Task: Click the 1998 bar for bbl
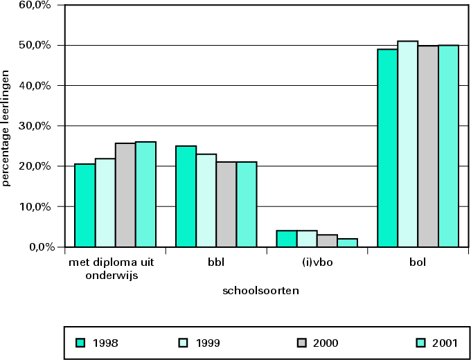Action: click(186, 197)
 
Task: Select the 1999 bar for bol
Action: click(408, 144)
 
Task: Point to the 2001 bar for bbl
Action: click(246, 204)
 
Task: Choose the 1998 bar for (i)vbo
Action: click(287, 239)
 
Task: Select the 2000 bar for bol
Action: click(428, 146)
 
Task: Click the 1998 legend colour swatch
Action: click(80, 343)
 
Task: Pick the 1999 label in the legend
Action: click(209, 343)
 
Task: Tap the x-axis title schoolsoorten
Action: click(260, 291)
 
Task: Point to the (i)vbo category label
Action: click(317, 263)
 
